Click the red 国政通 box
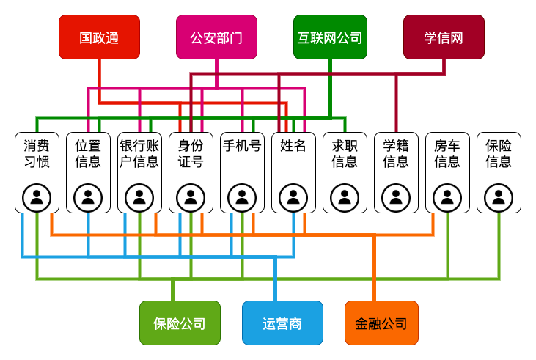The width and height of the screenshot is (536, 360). point(99,37)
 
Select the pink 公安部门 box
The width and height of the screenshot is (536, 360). point(216,37)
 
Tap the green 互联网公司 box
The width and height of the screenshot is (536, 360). point(330,37)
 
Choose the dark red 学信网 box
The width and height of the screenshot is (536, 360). point(444,37)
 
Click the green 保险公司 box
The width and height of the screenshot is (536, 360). point(180,323)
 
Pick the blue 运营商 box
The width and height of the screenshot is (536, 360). point(282,323)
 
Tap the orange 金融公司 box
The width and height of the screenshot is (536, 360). point(381,323)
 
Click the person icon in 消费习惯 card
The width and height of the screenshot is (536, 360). point(37,197)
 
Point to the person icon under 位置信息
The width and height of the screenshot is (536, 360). point(88,197)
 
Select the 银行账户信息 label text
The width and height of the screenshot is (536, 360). point(139,153)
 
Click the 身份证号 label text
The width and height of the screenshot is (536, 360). point(191,153)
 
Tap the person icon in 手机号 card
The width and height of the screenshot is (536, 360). point(242,197)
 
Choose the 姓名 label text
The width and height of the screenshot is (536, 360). point(293,145)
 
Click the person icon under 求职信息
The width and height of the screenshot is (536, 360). point(345,197)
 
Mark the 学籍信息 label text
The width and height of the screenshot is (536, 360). point(396,153)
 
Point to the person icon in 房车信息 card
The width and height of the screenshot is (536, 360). point(447,197)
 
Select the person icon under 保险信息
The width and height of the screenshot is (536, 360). point(499,197)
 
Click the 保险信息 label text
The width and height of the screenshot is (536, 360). point(499,153)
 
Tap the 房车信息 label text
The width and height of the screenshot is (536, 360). point(447,153)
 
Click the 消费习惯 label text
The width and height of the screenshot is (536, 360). point(37,153)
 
